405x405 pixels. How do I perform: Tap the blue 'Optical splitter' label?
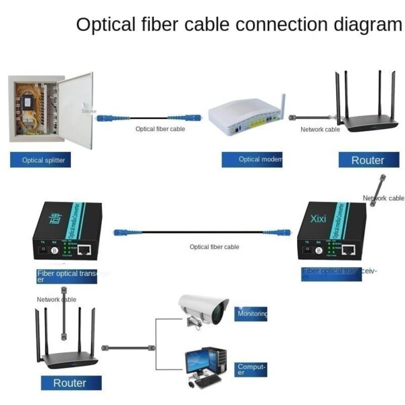coord(42,161)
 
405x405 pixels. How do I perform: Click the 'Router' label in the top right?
coord(367,160)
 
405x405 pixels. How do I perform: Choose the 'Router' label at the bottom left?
coord(70,383)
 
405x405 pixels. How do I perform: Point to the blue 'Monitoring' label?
coord(252,313)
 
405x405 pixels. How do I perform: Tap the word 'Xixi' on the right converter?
coord(318,219)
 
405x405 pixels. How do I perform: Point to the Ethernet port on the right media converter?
coord(348,249)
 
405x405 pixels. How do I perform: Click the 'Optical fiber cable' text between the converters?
coord(214,247)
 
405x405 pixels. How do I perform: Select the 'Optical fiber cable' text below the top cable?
coord(160,128)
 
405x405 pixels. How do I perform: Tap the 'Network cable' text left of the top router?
coord(320,129)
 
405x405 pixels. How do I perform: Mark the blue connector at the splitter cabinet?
coord(106,116)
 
